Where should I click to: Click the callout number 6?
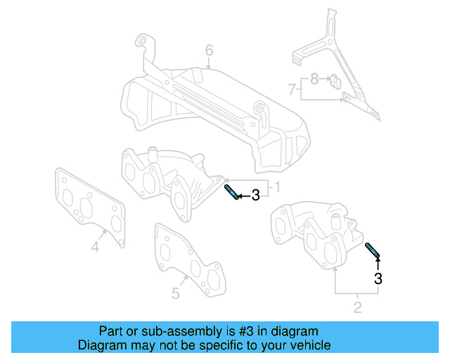209,50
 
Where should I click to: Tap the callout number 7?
292,89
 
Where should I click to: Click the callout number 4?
95,246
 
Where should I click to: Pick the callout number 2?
357,307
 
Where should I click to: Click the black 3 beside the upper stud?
255,195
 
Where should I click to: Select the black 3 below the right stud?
378,278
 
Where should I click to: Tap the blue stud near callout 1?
231,192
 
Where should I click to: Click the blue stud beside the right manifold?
373,250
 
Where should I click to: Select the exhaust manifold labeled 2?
316,232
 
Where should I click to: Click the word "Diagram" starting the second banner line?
101,345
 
